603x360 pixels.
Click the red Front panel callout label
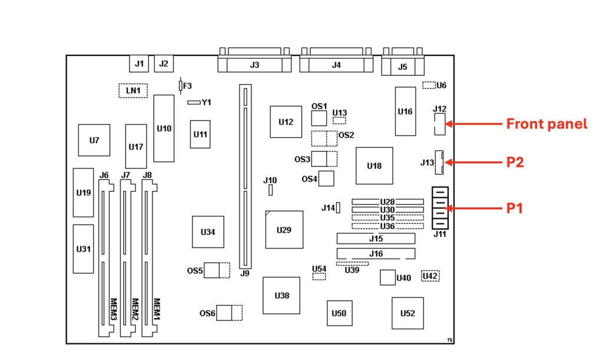click(546, 124)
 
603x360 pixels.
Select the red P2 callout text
click(515, 162)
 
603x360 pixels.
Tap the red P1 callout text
click(515, 207)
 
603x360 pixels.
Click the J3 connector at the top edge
click(254, 64)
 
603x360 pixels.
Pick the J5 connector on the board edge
click(402, 66)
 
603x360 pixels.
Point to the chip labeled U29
click(283, 230)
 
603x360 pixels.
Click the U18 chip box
click(374, 166)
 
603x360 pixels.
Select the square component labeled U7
click(94, 140)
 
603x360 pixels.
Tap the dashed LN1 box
click(133, 90)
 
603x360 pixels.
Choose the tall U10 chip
click(164, 128)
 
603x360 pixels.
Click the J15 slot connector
click(376, 239)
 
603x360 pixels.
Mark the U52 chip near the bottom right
click(407, 313)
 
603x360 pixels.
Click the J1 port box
click(139, 64)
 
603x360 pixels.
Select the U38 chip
click(281, 295)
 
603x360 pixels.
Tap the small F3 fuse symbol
click(180, 86)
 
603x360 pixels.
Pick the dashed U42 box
click(430, 276)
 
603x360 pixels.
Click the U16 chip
click(405, 111)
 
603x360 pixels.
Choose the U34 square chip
click(208, 232)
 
